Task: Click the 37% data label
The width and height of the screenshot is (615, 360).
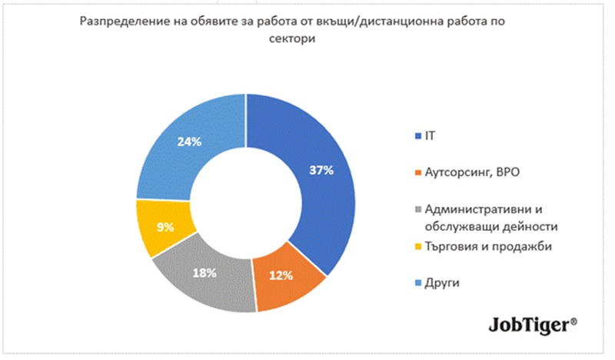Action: [321, 170]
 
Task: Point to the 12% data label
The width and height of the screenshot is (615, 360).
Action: [281, 275]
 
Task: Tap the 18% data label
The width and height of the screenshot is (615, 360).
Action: [204, 273]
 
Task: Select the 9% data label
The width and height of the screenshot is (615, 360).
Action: [165, 227]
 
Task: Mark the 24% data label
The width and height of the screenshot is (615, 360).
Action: [189, 142]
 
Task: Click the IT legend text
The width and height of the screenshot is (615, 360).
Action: [430, 136]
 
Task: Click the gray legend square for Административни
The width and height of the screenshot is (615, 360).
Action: [418, 210]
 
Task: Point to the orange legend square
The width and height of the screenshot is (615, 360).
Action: [418, 173]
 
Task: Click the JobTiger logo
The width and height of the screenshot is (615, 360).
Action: [533, 326]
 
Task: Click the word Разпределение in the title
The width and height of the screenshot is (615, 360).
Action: [125, 22]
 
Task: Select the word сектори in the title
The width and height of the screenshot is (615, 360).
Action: [292, 39]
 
